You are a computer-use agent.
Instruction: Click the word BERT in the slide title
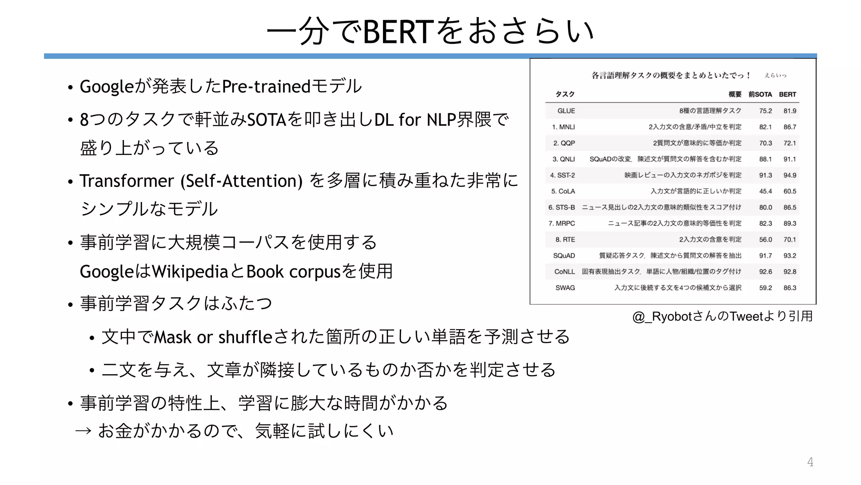[x=397, y=32]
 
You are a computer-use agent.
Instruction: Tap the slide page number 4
[x=810, y=462]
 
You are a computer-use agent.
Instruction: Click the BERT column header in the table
[x=787, y=94]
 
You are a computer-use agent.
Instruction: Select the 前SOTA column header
[x=760, y=94]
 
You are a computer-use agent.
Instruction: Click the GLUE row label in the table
[x=566, y=111]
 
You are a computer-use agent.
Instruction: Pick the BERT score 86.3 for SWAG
[x=790, y=288]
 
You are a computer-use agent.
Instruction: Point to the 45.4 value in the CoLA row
[x=765, y=191]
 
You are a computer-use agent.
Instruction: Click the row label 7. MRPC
[x=561, y=224]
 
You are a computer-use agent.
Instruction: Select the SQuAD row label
[x=564, y=256]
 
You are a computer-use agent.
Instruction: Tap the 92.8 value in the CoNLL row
[x=790, y=272]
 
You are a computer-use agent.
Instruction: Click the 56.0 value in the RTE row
[x=765, y=240]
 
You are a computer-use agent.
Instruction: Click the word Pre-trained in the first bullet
[x=266, y=87]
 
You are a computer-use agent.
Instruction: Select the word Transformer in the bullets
[x=127, y=181]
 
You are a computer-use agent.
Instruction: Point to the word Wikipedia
[x=190, y=272]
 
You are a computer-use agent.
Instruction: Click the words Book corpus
[x=293, y=272]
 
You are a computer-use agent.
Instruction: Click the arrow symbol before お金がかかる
[x=83, y=431]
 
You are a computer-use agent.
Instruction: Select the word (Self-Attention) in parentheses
[x=241, y=181]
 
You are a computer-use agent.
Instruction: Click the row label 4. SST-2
[x=562, y=175]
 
